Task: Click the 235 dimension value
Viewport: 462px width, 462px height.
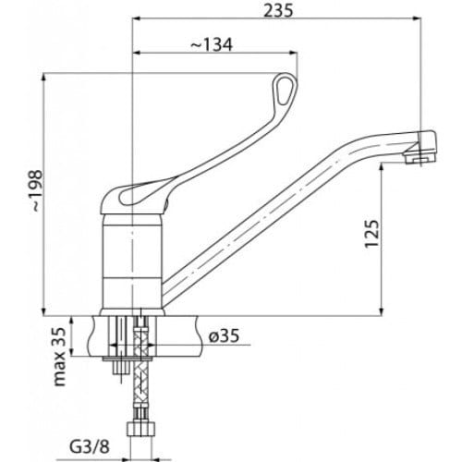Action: point(278,10)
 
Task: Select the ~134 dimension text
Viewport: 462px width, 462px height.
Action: point(212,45)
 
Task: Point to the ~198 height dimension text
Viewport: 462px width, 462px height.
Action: point(37,190)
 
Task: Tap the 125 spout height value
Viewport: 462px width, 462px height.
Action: point(372,234)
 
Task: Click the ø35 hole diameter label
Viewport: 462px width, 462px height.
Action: point(224,335)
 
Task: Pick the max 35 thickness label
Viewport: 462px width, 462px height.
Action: point(60,357)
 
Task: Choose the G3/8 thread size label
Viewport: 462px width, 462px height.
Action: point(90,447)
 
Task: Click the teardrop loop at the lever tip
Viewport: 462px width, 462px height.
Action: point(285,90)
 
